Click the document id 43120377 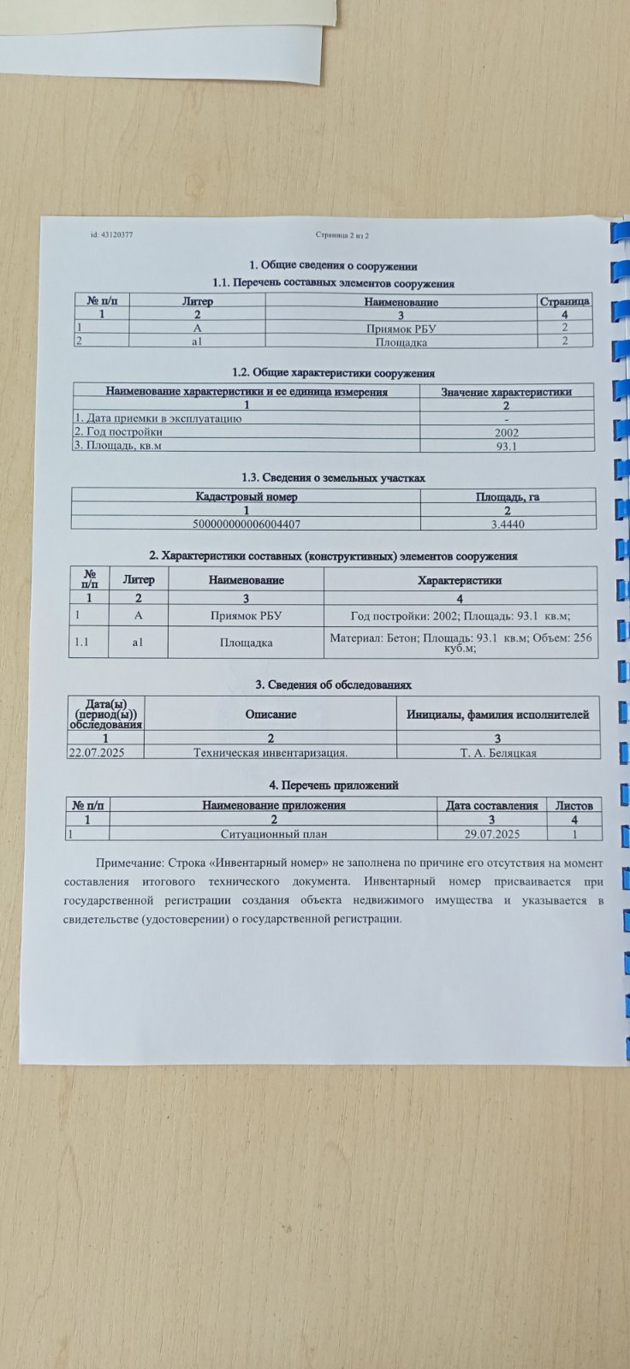tap(111, 234)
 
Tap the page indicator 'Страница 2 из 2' tap(342, 234)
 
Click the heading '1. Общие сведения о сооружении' tap(333, 266)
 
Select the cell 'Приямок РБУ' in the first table tap(401, 328)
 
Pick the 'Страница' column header tap(565, 301)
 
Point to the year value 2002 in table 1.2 tap(507, 432)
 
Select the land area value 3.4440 tap(508, 524)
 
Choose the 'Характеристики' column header tap(459, 580)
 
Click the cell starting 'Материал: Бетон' tap(461, 643)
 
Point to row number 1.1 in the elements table tap(82, 641)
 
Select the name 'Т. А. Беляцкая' tap(498, 753)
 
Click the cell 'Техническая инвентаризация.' tap(270, 752)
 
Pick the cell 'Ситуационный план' tap(274, 833)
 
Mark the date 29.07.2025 tap(492, 833)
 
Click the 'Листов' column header tap(574, 805)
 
